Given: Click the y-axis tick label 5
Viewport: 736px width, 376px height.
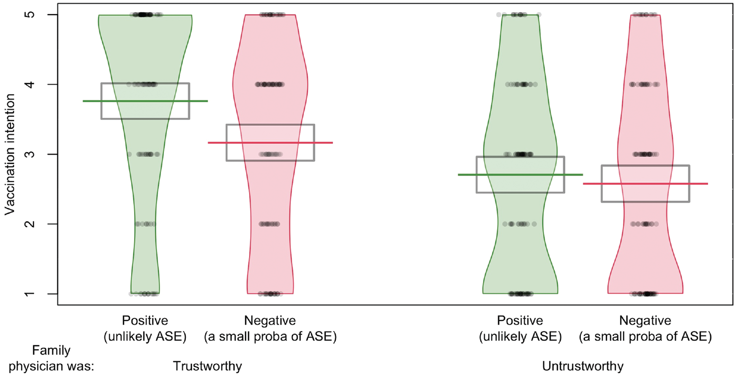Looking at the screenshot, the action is coord(30,15).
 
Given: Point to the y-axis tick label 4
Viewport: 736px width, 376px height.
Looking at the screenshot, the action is coord(30,85).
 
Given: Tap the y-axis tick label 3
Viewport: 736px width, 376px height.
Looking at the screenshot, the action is coord(30,155).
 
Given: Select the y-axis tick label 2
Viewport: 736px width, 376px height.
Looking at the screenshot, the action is coord(30,224).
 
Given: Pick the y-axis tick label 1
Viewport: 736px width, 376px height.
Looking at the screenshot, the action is coord(30,293).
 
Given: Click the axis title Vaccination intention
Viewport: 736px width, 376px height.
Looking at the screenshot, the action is coord(10,155).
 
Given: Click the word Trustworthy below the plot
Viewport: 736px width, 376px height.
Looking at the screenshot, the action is coord(207,366).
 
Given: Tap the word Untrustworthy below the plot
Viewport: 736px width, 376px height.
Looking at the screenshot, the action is coord(582,366).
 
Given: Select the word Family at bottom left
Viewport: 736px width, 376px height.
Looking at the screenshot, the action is coord(51,351).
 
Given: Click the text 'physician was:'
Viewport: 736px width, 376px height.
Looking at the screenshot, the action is coord(51,366).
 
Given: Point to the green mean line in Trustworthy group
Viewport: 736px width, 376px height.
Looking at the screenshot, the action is coord(145,101).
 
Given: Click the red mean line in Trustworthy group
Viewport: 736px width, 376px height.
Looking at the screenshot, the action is coord(271,143).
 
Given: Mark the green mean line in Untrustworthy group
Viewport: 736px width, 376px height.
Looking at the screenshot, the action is coord(521,175).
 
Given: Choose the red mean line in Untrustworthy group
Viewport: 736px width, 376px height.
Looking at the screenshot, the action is coord(645,184).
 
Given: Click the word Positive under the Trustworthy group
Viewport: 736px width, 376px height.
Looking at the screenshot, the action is coord(145,320).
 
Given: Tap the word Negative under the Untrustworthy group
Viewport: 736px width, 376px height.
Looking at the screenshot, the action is coord(645,320).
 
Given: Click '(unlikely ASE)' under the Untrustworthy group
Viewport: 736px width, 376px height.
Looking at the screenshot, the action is coord(520,336).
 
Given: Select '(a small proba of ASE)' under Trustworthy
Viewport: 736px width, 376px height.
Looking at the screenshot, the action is coord(270,336).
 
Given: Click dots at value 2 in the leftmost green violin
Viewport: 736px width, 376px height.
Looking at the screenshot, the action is coord(145,224).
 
